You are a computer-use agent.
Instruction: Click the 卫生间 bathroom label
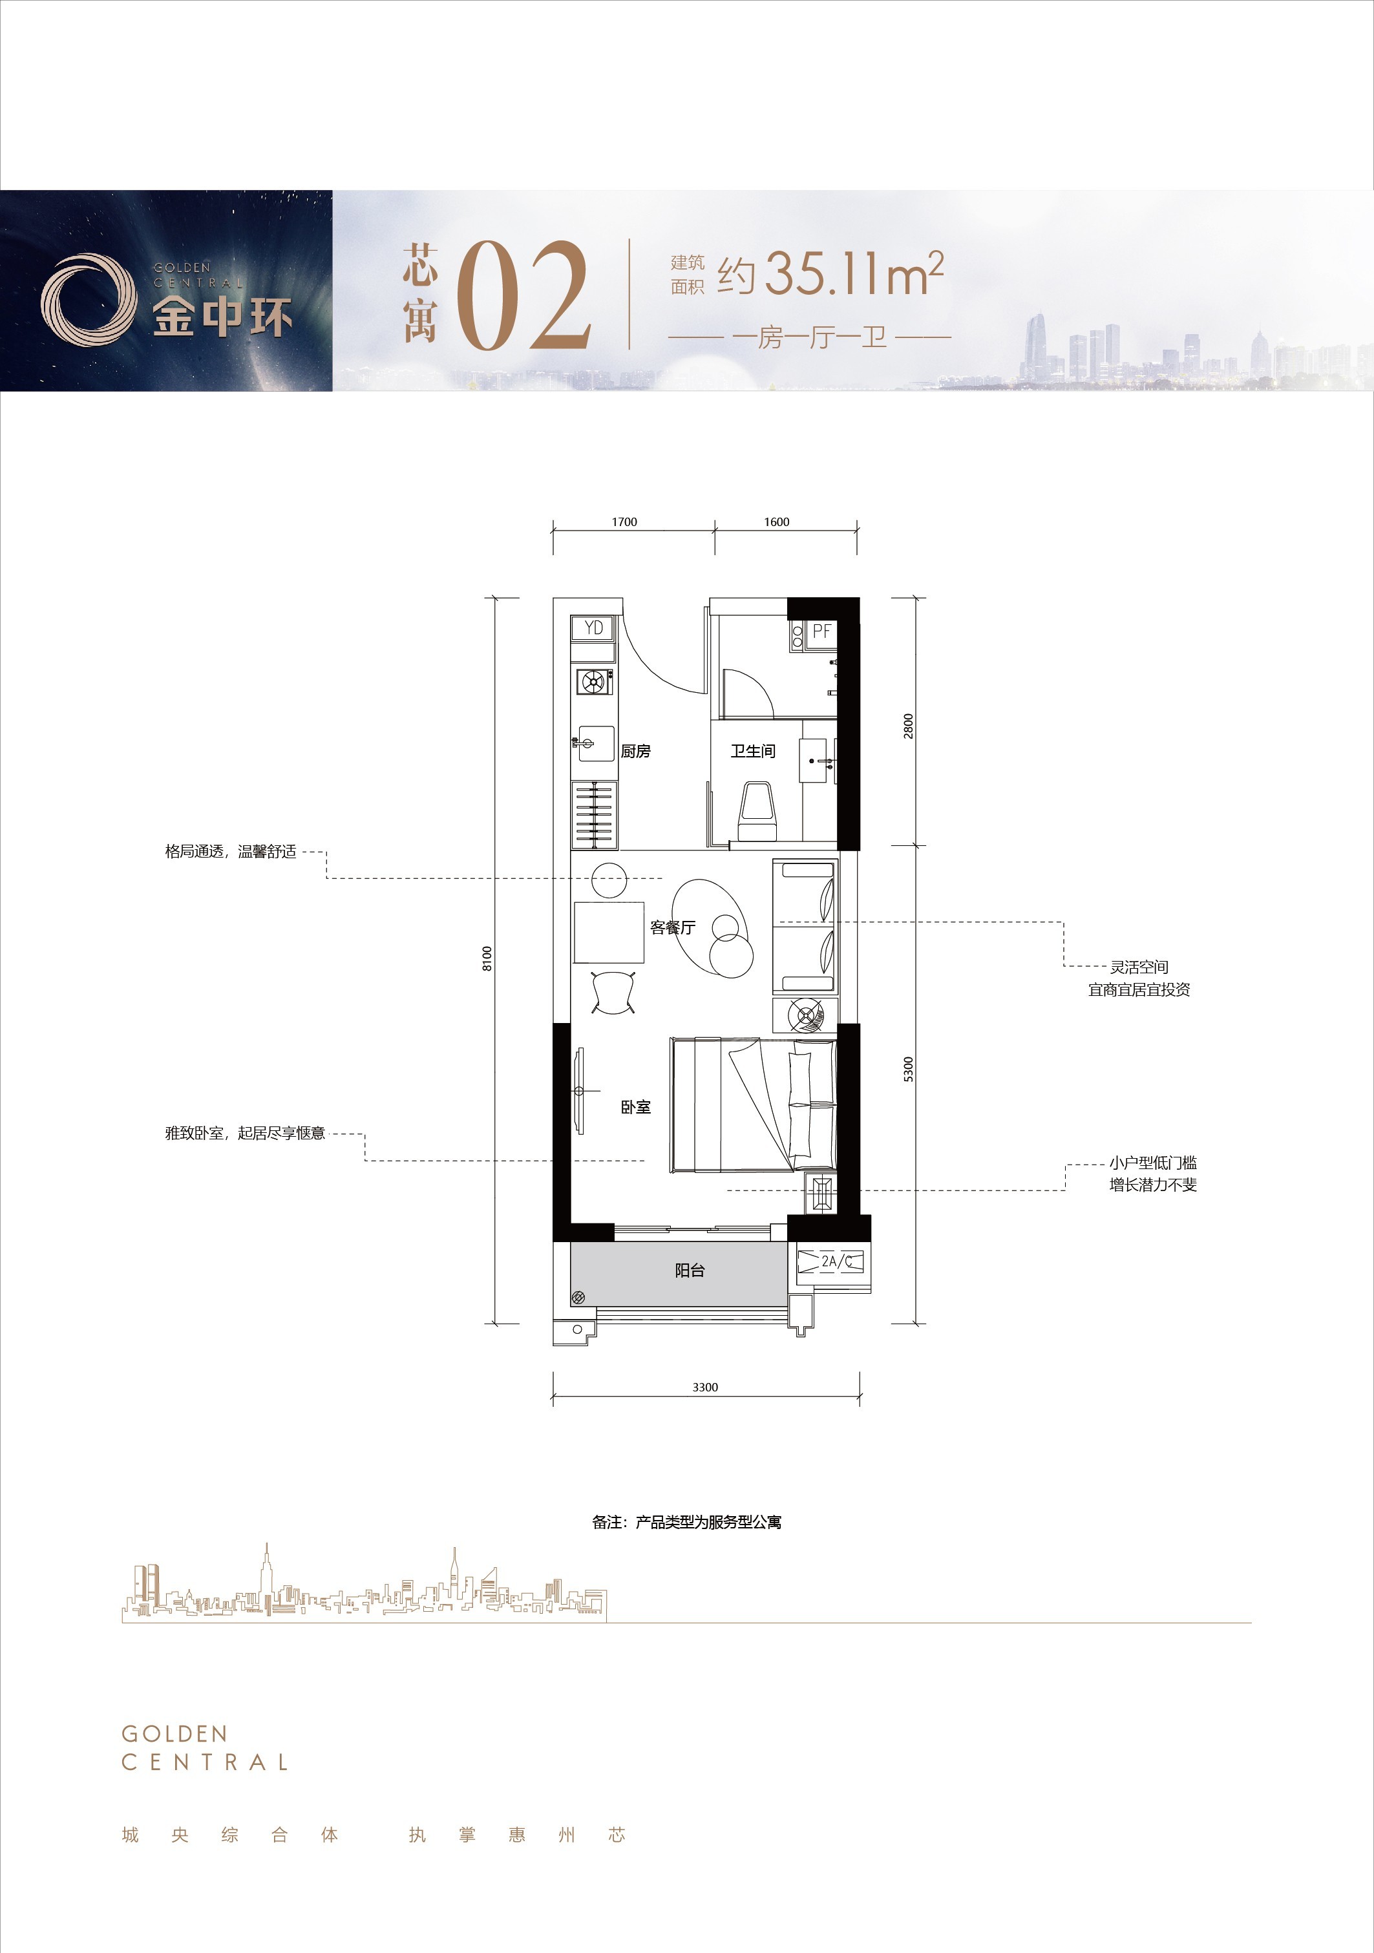pyautogui.click(x=753, y=751)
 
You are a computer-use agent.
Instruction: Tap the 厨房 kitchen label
pyautogui.click(x=635, y=751)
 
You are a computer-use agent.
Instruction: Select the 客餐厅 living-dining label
pyautogui.click(x=673, y=927)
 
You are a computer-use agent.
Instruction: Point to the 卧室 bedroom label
pyautogui.click(x=635, y=1106)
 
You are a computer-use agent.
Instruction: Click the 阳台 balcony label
pyautogui.click(x=690, y=1270)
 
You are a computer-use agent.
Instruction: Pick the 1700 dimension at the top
pyautogui.click(x=624, y=522)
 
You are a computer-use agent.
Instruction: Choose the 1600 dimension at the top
pyautogui.click(x=777, y=522)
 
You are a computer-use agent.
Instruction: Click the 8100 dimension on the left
pyautogui.click(x=487, y=958)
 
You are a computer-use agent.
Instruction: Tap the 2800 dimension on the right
pyautogui.click(x=909, y=726)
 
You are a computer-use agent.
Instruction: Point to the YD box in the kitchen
pyautogui.click(x=594, y=628)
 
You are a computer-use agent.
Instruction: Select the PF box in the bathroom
pyautogui.click(x=821, y=632)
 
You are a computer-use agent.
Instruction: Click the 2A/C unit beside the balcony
pyautogui.click(x=836, y=1262)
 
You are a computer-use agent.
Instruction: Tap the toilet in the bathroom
pyautogui.click(x=757, y=812)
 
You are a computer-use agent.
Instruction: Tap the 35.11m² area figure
pyautogui.click(x=854, y=274)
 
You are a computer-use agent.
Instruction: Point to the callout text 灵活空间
pyautogui.click(x=1139, y=967)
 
